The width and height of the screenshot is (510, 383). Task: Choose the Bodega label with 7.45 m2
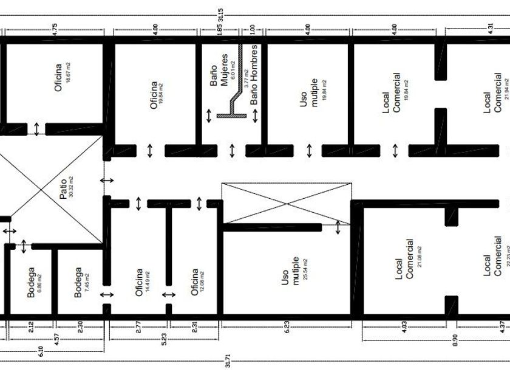(x=78, y=283)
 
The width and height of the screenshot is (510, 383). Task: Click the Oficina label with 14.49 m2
(x=139, y=282)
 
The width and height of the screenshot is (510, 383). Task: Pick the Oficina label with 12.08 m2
(x=194, y=282)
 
